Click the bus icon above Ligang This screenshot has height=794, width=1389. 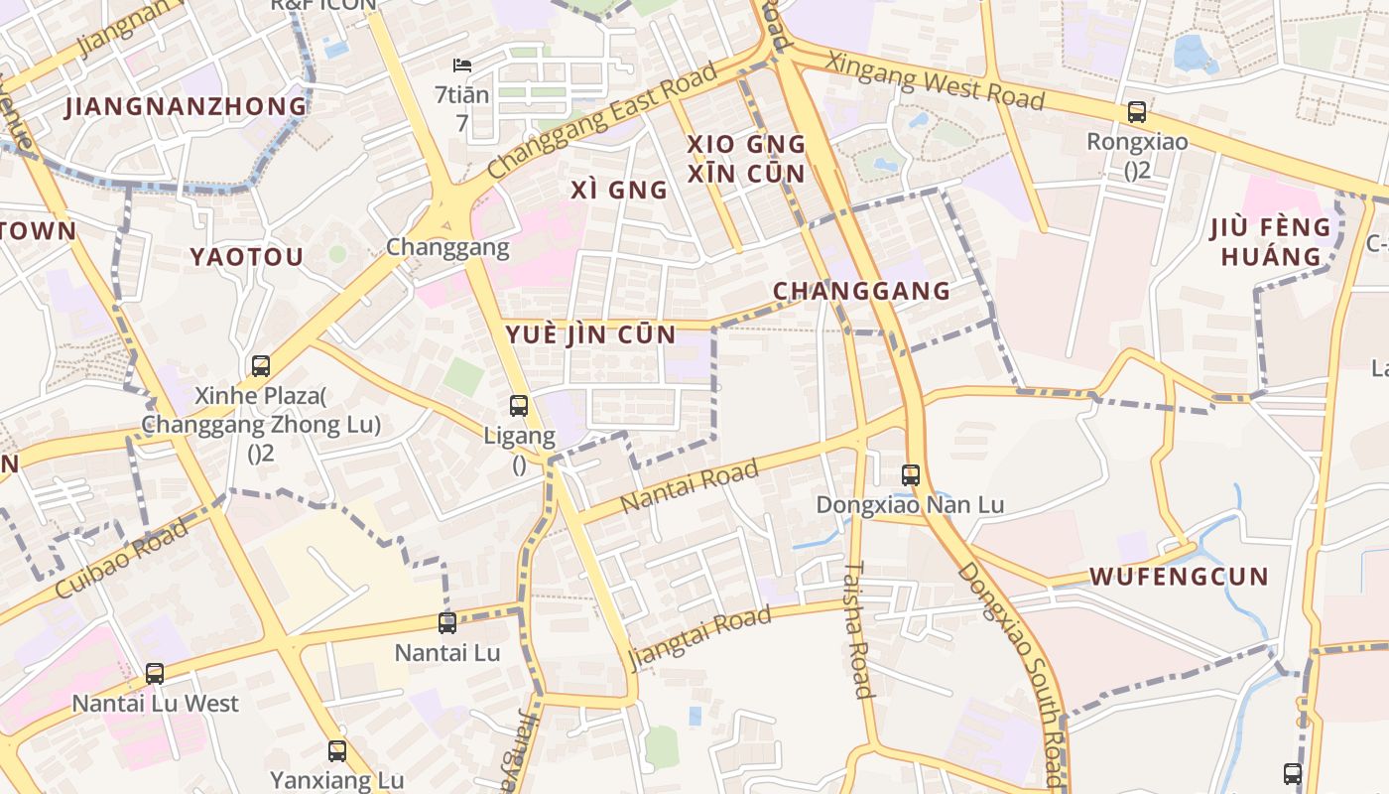click(518, 405)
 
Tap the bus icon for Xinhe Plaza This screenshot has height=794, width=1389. click(260, 365)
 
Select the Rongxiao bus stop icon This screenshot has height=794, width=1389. click(1137, 112)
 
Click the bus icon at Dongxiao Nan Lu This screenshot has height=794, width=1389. click(911, 474)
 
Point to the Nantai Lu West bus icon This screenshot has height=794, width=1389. click(155, 673)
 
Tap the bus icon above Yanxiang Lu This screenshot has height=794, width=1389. click(337, 750)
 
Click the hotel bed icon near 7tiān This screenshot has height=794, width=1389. click(461, 66)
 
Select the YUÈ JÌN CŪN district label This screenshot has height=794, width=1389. click(591, 334)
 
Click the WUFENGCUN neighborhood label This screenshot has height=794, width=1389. click(1179, 577)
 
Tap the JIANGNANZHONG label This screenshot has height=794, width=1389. click(186, 106)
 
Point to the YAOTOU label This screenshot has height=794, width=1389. click(246, 257)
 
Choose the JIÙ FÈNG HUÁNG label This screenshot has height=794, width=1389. click(1271, 241)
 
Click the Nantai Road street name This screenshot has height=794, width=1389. click(690, 485)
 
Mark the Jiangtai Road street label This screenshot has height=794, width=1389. click(700, 636)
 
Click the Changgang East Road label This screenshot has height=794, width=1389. click(602, 122)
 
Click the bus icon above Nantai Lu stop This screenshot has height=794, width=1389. click(447, 623)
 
